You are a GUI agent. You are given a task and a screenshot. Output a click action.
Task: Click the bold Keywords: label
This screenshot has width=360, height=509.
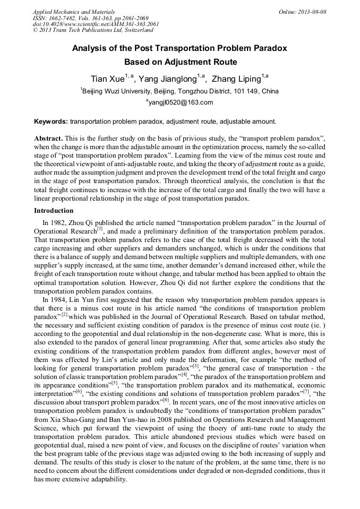51,122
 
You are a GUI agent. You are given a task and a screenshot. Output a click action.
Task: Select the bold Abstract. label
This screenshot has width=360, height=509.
49,137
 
